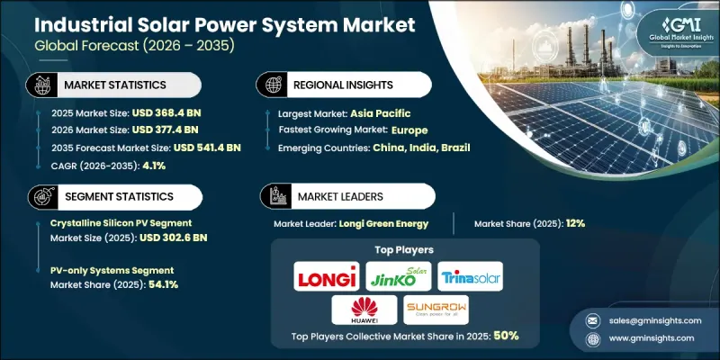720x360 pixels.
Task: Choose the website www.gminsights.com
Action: coord(651,337)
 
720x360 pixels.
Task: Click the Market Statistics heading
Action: coord(121,85)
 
